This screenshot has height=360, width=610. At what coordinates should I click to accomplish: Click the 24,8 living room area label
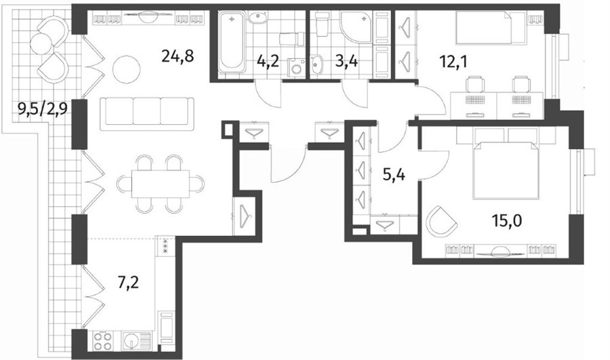click(x=178, y=57)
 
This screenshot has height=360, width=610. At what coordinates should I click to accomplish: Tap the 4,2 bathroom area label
click(x=268, y=62)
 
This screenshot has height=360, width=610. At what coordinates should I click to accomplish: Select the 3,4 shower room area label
click(x=346, y=62)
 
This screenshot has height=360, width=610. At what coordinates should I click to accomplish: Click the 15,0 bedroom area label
click(x=506, y=221)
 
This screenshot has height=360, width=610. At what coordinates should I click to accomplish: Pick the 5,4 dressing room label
click(x=394, y=176)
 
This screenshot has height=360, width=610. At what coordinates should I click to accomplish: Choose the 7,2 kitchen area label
click(x=128, y=283)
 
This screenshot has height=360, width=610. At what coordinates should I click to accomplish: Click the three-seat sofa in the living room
click(x=147, y=113)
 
